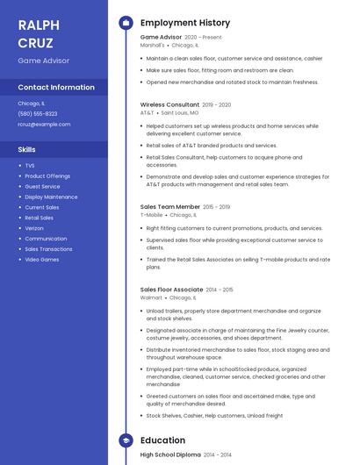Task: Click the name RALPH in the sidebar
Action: tap(39, 25)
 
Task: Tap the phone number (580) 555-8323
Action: tap(38, 113)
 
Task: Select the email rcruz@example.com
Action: tap(44, 124)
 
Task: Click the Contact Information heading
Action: tap(56, 87)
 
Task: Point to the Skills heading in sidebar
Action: tap(27, 149)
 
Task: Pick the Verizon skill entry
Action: tap(35, 228)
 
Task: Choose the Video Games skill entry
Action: tap(42, 260)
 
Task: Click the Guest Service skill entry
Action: tap(42, 187)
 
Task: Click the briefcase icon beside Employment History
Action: tap(126, 23)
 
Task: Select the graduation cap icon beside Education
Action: tap(126, 440)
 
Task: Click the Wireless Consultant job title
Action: tap(169, 104)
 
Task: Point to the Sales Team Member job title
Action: tap(170, 207)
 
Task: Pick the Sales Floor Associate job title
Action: tap(171, 290)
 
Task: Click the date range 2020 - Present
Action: tap(203, 38)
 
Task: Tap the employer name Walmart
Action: tap(151, 298)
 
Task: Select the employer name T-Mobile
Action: tap(151, 215)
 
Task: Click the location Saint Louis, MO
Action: tap(180, 112)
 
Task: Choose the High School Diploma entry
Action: tap(170, 454)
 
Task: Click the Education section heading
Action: tap(162, 440)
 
